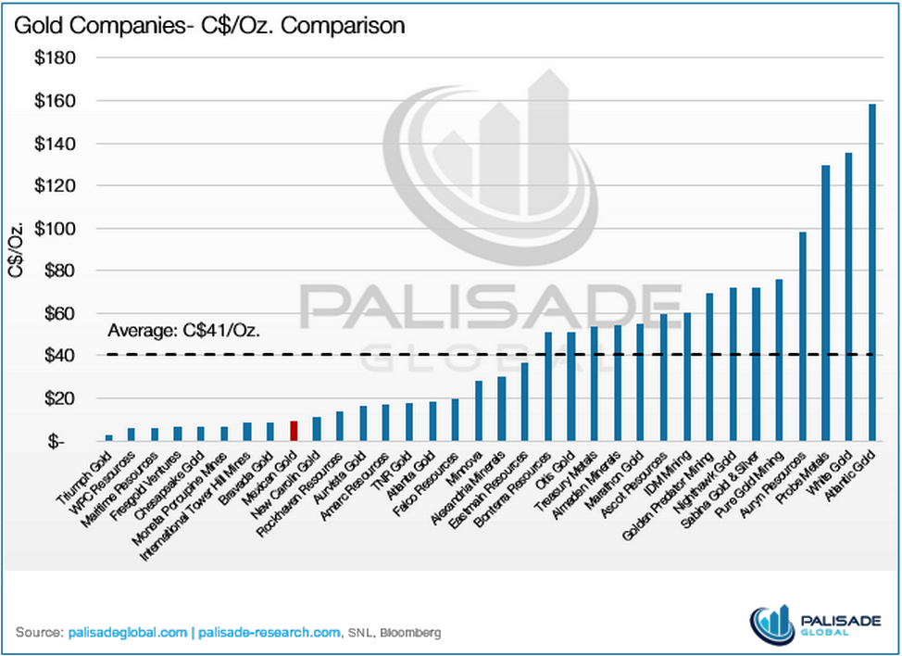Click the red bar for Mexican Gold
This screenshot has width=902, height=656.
point(294,431)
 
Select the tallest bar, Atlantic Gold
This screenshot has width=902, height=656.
point(872,272)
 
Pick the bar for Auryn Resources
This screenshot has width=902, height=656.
point(803,336)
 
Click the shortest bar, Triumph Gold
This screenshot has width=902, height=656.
point(108,437)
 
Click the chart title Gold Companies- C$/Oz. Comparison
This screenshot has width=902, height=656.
point(209,25)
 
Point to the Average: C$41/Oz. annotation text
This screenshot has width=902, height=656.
point(182,330)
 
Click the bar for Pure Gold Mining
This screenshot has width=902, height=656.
point(780,360)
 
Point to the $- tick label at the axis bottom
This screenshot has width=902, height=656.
point(58,442)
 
